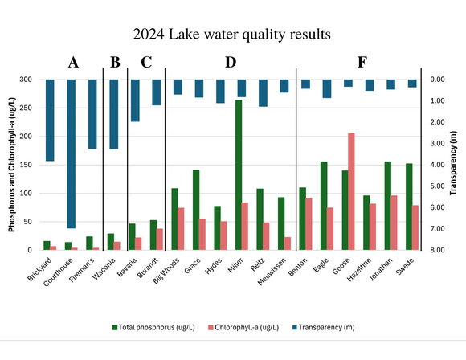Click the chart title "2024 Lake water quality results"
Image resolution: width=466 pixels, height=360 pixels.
(x=233, y=35)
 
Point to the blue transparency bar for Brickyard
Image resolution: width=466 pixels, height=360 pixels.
(x=50, y=120)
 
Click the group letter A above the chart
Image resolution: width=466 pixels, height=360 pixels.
(x=73, y=63)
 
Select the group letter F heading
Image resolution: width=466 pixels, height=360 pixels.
(x=362, y=63)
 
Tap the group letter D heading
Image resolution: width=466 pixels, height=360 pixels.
(x=231, y=63)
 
